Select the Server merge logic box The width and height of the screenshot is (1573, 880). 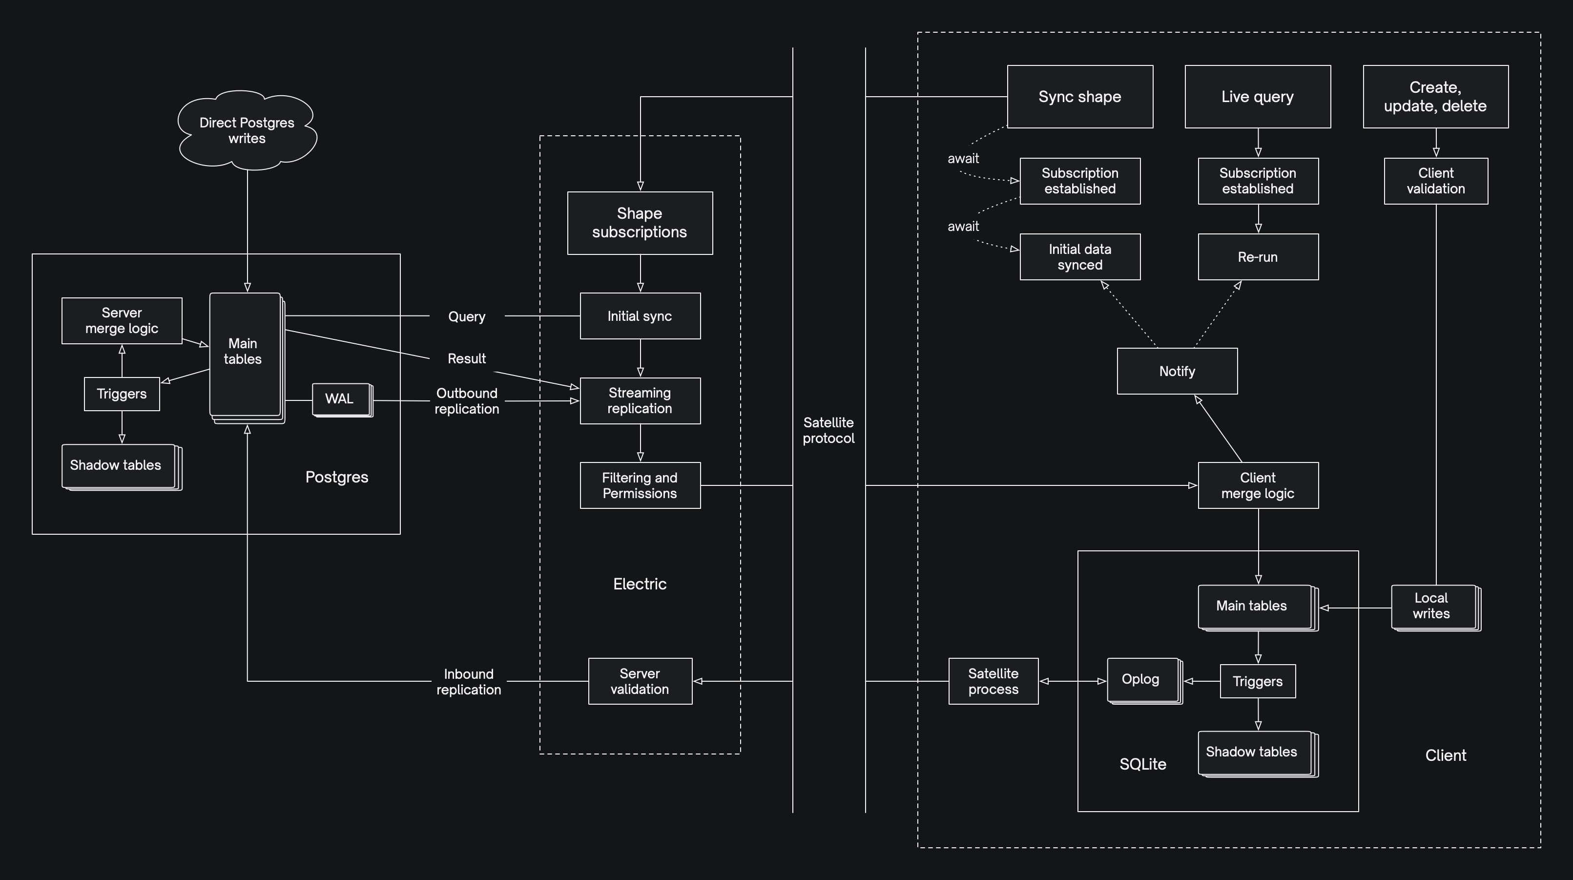122,321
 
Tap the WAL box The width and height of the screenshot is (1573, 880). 341,399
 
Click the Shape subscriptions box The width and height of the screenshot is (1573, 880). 640,223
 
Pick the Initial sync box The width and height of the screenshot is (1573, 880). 640,316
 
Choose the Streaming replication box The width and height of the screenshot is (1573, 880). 640,400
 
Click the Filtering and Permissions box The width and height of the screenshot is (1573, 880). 640,485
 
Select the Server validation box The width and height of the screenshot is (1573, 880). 640,681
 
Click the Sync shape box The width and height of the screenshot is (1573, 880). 1079,97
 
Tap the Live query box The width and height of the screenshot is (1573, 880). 1257,97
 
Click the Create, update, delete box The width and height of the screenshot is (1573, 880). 1435,97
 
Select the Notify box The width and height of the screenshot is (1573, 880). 1177,371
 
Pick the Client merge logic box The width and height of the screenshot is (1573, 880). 1257,485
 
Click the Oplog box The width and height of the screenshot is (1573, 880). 1142,680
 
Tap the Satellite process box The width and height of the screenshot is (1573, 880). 993,681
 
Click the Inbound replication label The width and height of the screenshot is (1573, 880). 468,682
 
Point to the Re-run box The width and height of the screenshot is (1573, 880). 1257,257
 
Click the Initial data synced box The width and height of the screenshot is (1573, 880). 1079,257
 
